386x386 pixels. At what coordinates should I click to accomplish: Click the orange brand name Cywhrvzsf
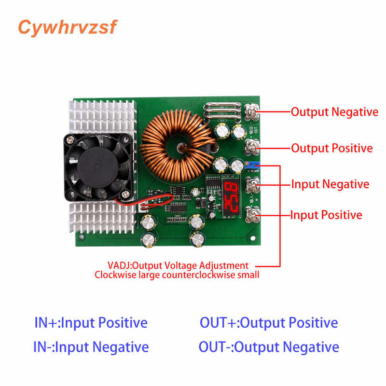pyautogui.click(x=68, y=28)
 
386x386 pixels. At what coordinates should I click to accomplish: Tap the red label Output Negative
pyautogui.click(x=334, y=112)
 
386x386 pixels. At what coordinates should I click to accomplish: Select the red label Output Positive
pyautogui.click(x=332, y=148)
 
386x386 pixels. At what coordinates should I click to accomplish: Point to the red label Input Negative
pyautogui.click(x=330, y=184)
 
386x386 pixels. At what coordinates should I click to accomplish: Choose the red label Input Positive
pyautogui.click(x=326, y=215)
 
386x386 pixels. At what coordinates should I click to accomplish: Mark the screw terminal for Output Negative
pyautogui.click(x=253, y=112)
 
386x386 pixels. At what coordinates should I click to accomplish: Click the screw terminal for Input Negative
pyautogui.click(x=253, y=184)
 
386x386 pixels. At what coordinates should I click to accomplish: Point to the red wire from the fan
pyautogui.click(x=159, y=199)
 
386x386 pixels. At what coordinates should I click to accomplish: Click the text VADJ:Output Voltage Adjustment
pyautogui.click(x=178, y=265)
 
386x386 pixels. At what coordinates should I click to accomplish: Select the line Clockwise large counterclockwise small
pyautogui.click(x=177, y=275)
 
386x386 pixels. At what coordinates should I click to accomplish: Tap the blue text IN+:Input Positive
pyautogui.click(x=91, y=322)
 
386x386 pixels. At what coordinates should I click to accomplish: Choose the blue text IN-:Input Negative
pyautogui.click(x=91, y=346)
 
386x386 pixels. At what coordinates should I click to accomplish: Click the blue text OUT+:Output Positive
pyautogui.click(x=269, y=322)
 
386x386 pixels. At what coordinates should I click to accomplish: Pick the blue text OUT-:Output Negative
pyautogui.click(x=269, y=346)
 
